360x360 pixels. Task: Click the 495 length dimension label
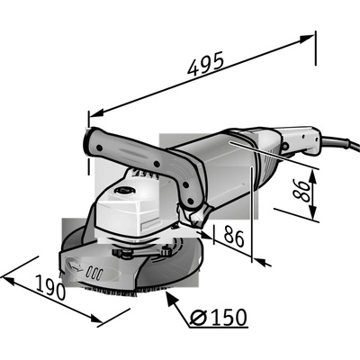pos(205,64)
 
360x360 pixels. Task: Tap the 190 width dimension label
pos(50,287)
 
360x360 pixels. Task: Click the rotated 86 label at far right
pos(301,191)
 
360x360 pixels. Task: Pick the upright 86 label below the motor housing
pos(234,236)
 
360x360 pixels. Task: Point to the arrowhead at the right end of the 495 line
pos(307,39)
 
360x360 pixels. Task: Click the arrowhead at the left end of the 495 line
pos(96,113)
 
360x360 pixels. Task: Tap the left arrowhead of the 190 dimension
pos(8,281)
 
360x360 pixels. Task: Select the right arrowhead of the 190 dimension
pos(96,319)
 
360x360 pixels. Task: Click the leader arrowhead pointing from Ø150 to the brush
pos(170,297)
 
